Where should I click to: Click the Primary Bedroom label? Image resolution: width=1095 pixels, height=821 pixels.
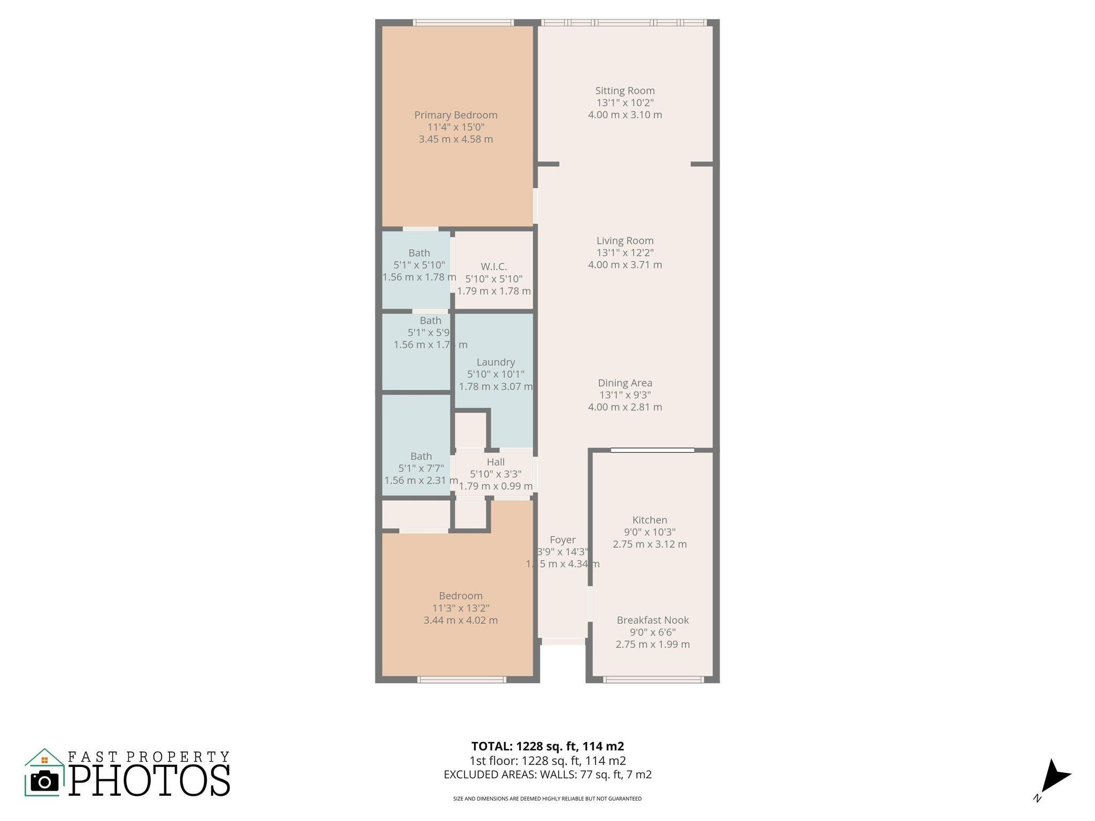(x=456, y=115)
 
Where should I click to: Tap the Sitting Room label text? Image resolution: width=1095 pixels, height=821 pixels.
(x=624, y=91)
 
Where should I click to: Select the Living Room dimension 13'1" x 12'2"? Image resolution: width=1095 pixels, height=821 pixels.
(x=624, y=253)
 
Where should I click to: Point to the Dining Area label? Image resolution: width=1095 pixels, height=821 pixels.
(x=624, y=383)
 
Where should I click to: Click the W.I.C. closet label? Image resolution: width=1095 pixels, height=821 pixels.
(x=493, y=266)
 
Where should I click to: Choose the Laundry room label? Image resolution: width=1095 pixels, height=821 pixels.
(x=495, y=362)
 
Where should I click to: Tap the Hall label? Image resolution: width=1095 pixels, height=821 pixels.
(x=495, y=462)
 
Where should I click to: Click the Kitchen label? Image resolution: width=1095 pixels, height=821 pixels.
(x=649, y=520)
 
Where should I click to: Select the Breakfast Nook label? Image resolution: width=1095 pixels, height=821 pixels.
(x=652, y=620)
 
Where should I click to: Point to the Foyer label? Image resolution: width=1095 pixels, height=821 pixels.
(x=562, y=540)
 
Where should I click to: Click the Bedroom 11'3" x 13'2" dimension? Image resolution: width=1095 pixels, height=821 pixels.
(x=460, y=608)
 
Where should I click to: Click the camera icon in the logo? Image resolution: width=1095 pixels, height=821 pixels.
(x=44, y=781)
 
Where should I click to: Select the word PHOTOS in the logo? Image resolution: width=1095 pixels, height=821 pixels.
(x=150, y=781)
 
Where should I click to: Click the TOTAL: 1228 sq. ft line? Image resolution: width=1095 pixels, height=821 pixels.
(x=547, y=746)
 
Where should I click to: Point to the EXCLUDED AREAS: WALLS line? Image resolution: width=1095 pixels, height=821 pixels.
(x=547, y=774)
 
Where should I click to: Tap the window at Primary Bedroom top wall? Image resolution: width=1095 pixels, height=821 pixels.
(x=463, y=22)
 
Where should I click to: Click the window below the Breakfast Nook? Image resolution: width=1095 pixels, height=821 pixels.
(x=653, y=679)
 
